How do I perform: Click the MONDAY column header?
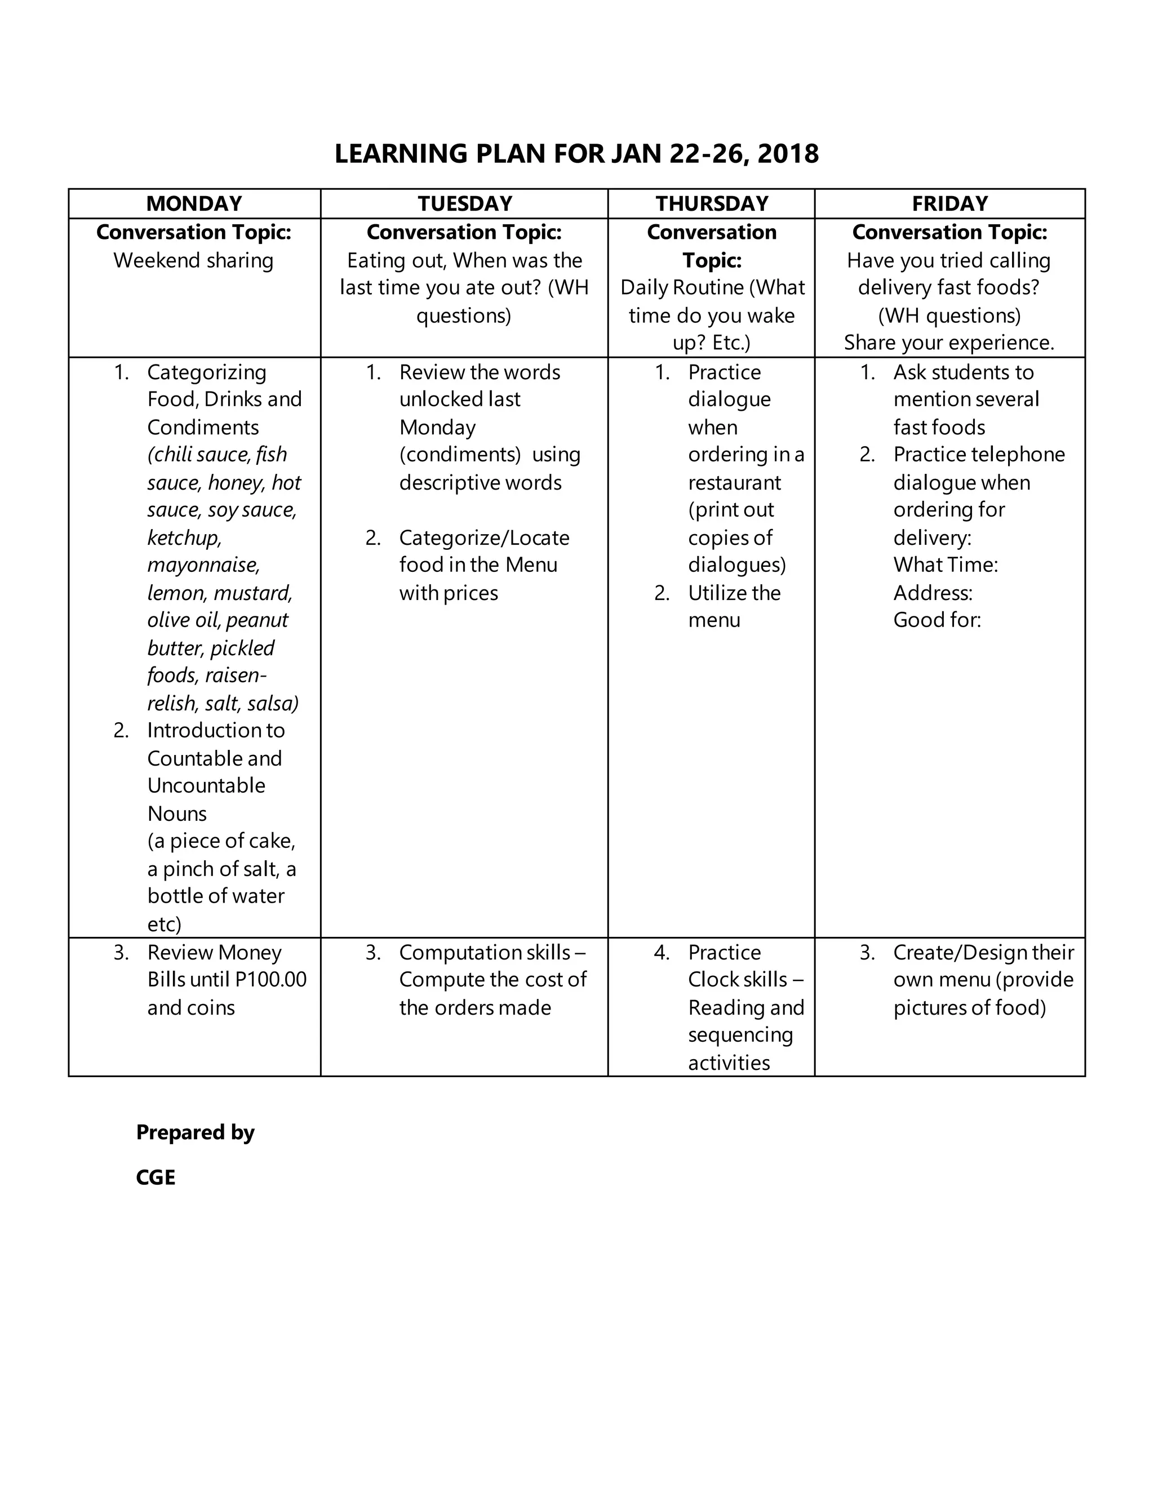click(194, 204)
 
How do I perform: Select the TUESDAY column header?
click(465, 204)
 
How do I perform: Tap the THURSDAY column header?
click(712, 204)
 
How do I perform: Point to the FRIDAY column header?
click(949, 204)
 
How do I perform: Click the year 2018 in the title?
click(788, 154)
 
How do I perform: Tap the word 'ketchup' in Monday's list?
click(184, 537)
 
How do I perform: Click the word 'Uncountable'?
click(206, 785)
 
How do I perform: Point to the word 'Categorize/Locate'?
click(484, 538)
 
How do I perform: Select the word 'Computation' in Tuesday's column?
click(451, 952)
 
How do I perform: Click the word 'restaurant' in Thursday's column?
click(734, 483)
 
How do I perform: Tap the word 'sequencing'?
click(740, 1035)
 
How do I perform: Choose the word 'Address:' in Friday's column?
click(933, 593)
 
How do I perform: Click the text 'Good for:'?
click(936, 620)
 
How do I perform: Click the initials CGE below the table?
click(156, 1177)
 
